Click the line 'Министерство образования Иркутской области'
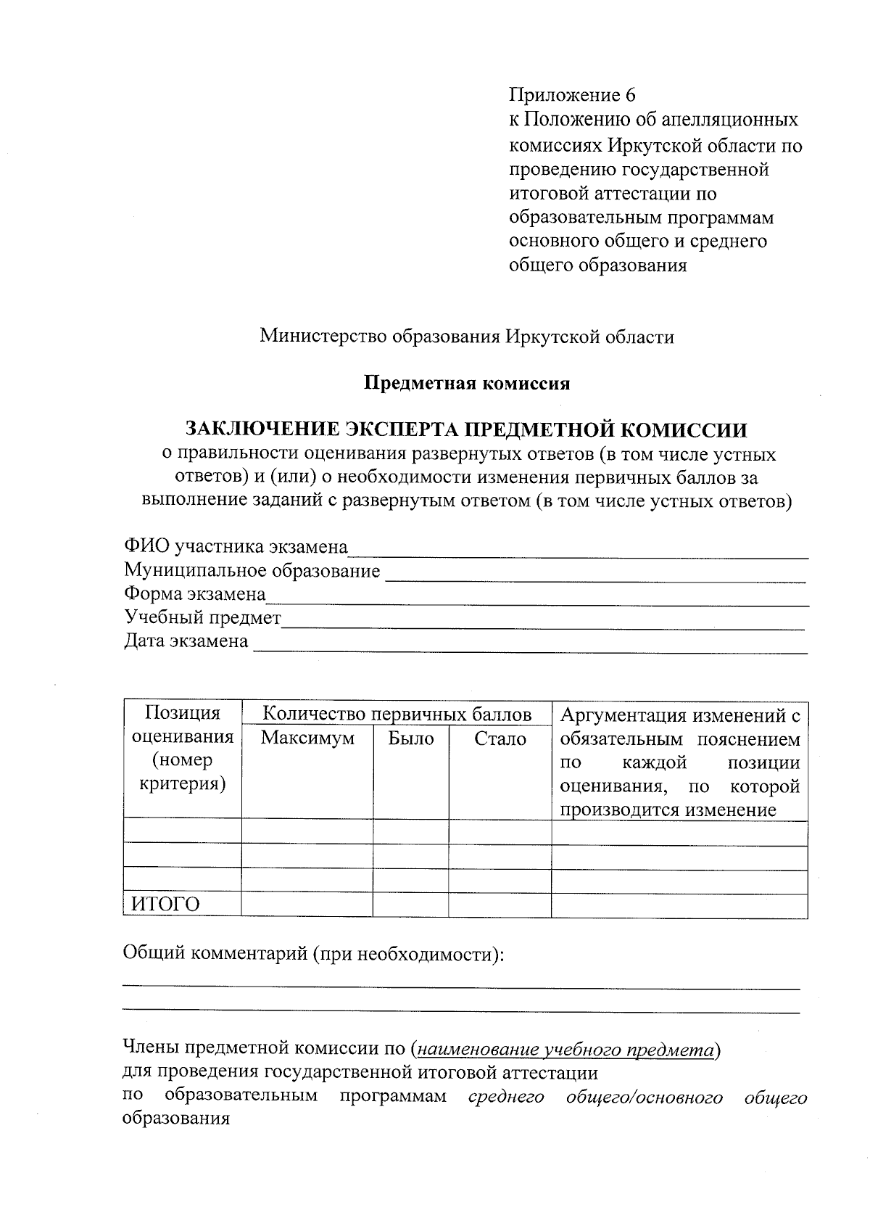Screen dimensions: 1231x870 click(467, 337)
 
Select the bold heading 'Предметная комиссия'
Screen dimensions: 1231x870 click(467, 384)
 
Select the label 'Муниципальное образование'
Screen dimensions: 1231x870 click(252, 571)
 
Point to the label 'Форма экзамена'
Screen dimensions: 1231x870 click(194, 594)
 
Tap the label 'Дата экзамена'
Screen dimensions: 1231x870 click(186, 641)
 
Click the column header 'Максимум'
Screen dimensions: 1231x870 click(307, 738)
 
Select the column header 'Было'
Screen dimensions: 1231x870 click(411, 738)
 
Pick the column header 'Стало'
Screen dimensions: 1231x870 click(500, 738)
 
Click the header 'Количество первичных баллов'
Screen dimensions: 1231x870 click(397, 715)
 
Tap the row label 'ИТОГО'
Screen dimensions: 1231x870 click(165, 905)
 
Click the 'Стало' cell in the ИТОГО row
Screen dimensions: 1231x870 click(500, 905)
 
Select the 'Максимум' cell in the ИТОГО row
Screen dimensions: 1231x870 click(307, 905)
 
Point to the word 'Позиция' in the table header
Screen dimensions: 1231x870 click(182, 713)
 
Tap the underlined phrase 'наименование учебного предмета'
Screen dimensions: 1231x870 click(566, 1049)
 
